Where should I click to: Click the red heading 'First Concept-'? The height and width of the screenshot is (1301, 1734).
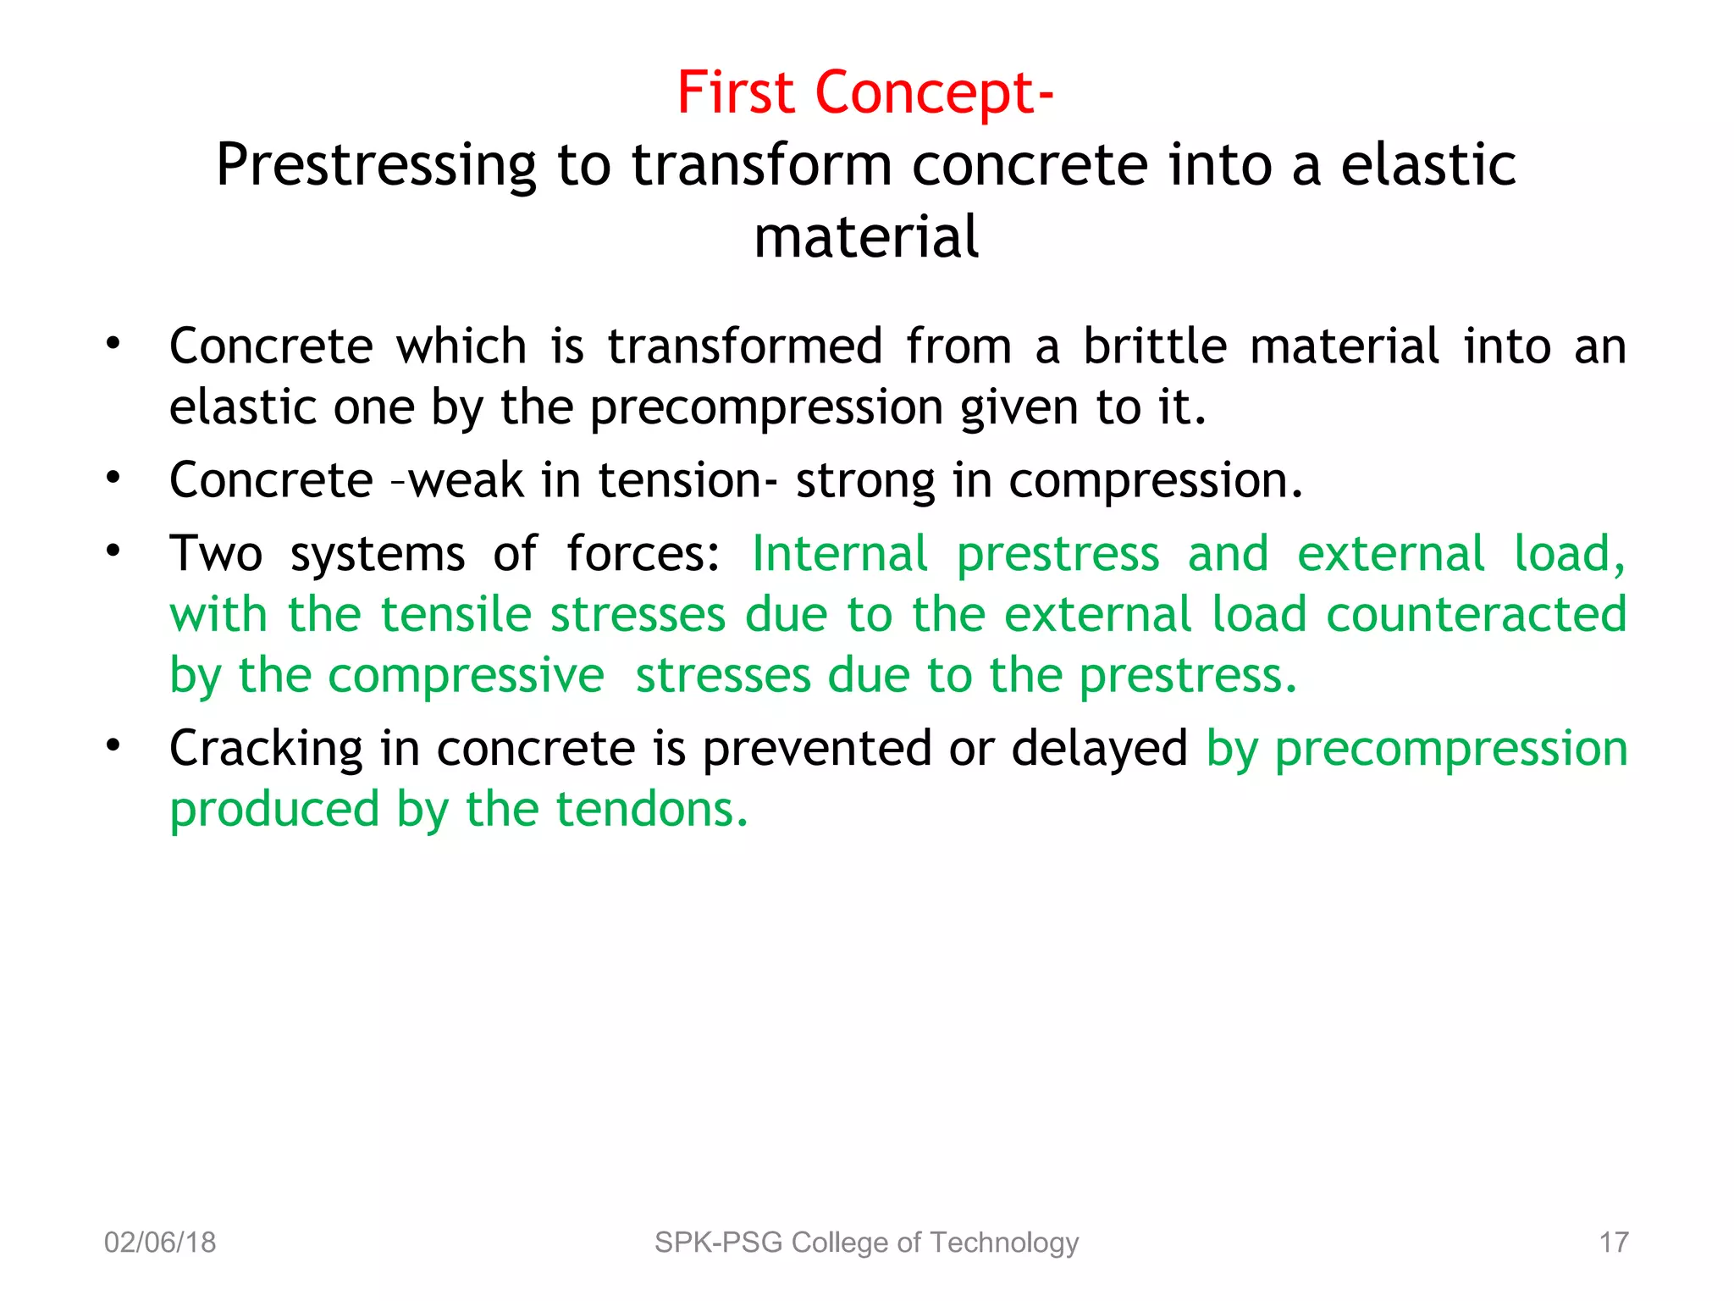point(865,93)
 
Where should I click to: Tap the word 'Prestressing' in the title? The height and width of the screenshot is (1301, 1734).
point(376,166)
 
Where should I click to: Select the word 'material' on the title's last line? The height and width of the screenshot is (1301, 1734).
point(866,237)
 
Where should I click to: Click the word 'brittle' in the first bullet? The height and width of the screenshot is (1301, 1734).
point(1155,346)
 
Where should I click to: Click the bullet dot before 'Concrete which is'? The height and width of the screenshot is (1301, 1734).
point(113,344)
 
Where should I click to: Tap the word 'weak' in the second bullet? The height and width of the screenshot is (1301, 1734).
point(466,481)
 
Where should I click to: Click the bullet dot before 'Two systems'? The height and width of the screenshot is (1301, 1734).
point(113,551)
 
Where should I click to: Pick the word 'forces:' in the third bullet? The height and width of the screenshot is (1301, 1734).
point(643,555)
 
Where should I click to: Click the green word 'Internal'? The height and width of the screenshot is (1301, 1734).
point(840,555)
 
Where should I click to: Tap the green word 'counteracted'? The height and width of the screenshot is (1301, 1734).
point(1476,615)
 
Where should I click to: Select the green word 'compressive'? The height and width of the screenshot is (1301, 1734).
point(466,677)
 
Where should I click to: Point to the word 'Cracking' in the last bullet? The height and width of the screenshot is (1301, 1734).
point(266,750)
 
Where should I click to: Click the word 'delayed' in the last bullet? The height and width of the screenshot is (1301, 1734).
point(1099,750)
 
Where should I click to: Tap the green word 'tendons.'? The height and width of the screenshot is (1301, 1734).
point(652,811)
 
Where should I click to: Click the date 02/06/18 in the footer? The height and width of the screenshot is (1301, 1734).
point(160,1243)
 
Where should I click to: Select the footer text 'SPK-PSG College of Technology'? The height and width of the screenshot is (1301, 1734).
point(866,1243)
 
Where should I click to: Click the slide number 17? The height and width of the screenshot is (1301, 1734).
point(1613,1243)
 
